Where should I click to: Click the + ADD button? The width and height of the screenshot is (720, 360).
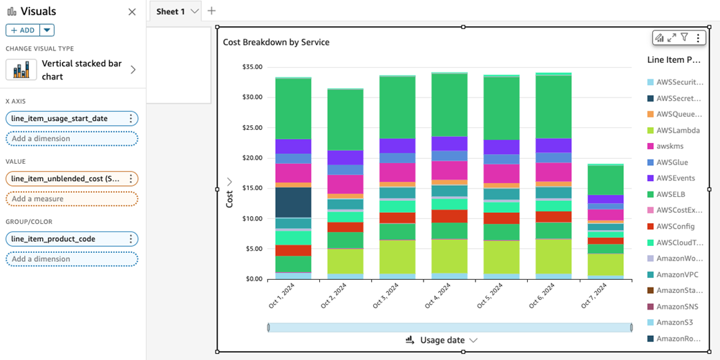[x=23, y=30]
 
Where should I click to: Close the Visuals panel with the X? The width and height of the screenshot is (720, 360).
[x=132, y=12]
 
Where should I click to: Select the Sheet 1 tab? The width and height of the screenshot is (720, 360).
[x=171, y=12]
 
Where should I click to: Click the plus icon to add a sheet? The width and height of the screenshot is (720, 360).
[x=211, y=11]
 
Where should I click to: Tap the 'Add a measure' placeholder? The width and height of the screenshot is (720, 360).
[x=72, y=199]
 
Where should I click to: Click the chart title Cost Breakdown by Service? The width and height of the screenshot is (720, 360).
[x=276, y=42]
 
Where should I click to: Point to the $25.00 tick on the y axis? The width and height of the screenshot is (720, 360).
[x=252, y=128]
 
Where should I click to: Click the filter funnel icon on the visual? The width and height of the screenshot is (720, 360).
[x=684, y=37]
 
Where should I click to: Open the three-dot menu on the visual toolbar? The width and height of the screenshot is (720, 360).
[x=697, y=38]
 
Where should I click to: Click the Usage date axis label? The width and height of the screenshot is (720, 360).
[x=442, y=340]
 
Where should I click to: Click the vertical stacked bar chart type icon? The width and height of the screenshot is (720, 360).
[x=21, y=70]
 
